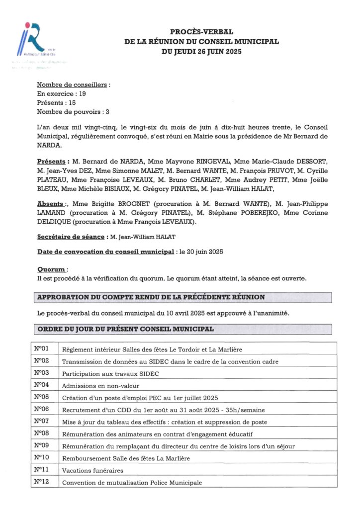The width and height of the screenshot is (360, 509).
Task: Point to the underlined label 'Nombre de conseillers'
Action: coord(72,85)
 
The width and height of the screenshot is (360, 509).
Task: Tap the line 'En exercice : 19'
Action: coord(62,94)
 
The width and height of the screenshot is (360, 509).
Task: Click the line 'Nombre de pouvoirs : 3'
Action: coord(73,112)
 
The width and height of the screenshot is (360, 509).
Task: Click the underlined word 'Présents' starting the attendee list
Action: coord(51,162)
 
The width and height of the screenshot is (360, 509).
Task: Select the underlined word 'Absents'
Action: coord(50,204)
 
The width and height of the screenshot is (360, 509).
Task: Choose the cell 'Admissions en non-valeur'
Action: coord(100,386)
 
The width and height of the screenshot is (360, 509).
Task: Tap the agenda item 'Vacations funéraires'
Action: coord(92,470)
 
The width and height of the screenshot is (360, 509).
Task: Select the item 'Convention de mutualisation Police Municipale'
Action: coord(132,483)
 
